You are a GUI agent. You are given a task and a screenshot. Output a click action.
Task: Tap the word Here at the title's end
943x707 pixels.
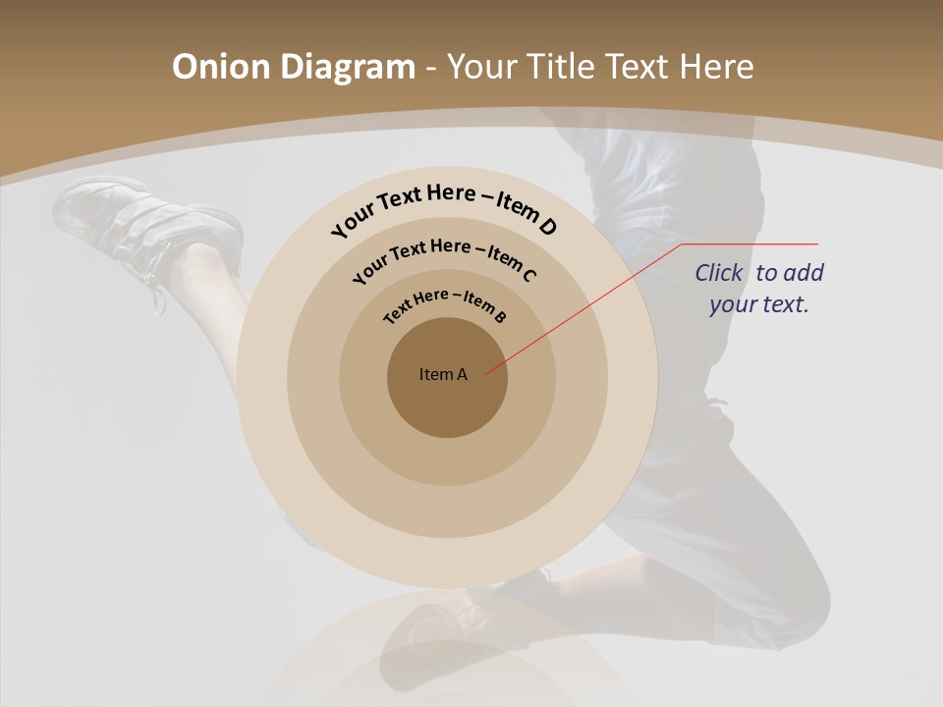click(716, 67)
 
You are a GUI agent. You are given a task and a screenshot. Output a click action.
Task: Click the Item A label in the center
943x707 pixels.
click(443, 374)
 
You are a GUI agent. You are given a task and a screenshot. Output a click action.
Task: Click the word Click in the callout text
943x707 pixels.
click(719, 273)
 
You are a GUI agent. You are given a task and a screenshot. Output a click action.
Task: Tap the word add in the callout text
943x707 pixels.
click(804, 273)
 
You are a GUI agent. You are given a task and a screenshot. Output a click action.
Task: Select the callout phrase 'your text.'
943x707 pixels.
click(759, 304)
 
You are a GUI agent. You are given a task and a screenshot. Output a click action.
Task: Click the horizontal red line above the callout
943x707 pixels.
click(751, 244)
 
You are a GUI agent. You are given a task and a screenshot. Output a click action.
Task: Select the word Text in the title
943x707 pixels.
click(638, 67)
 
